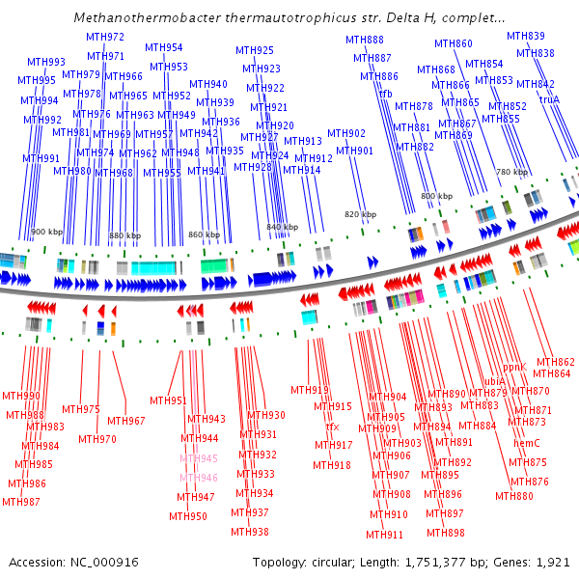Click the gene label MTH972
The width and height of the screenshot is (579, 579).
coord(105,37)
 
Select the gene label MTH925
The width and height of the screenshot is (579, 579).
coord(255,50)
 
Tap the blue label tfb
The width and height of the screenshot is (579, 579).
coord(386,94)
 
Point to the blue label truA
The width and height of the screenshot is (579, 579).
coord(549,99)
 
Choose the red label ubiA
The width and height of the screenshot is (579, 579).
coord(494,381)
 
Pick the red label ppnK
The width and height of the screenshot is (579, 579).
coord(515,367)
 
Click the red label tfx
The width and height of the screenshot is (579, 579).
coord(332,427)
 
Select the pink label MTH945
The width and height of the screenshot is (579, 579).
coord(199,458)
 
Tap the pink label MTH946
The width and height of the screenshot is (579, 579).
coord(199,478)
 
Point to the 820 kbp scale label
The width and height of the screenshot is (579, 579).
coord(360,214)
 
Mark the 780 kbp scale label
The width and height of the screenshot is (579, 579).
coord(512,172)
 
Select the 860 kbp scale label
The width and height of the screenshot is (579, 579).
coord(204,234)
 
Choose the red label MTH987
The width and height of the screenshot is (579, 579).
coord(21,502)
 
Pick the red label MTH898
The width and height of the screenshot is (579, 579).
coord(446,533)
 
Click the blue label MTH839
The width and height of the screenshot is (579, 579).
coord(526,36)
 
